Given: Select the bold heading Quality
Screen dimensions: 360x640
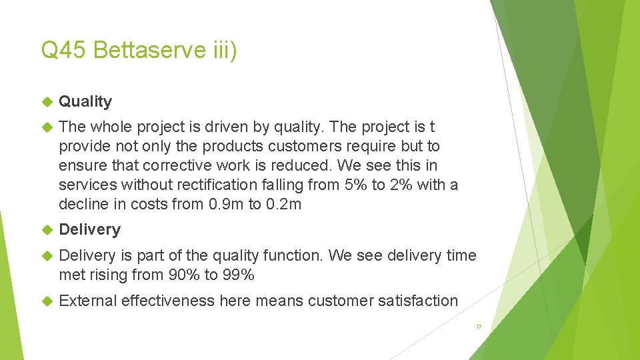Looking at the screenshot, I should point(85,102).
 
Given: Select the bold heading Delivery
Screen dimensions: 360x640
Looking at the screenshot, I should point(89,230).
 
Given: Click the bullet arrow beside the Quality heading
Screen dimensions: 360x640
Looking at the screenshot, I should point(46,102).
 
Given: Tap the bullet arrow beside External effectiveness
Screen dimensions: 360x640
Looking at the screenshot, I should point(46,301).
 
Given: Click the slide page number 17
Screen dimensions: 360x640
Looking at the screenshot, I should point(478,327).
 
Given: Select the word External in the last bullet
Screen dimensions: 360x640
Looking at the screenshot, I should point(87,301).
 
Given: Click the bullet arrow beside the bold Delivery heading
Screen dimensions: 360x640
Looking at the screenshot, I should point(46,230).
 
